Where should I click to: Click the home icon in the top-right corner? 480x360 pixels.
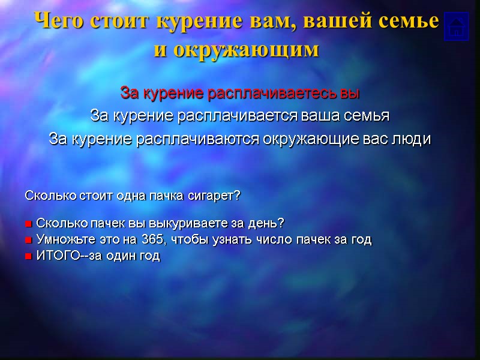point(456,26)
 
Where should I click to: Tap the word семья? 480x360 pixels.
point(367,115)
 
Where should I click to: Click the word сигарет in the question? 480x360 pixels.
point(218,196)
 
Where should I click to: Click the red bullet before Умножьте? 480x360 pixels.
point(28,241)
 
